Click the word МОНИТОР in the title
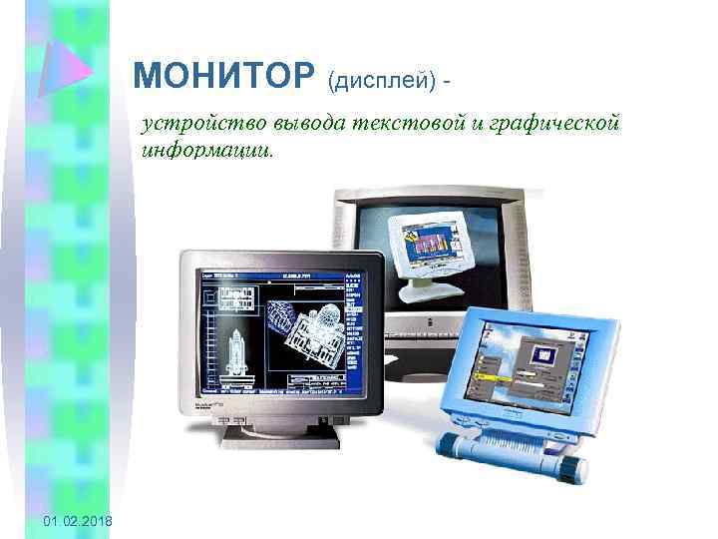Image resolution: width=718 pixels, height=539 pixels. coord(221,75)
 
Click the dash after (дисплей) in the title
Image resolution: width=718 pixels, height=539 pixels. coord(458,78)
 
